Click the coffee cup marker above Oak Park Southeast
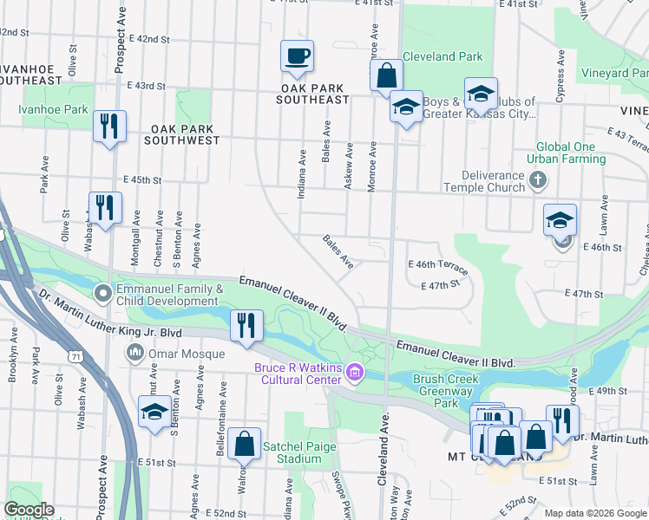pyautogui.click(x=297, y=56)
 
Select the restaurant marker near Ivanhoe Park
pyautogui.click(x=110, y=127)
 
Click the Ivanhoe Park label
pyautogui.click(x=53, y=110)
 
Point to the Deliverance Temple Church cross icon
pyautogui.click(x=538, y=180)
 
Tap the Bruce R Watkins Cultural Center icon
pyautogui.click(x=354, y=374)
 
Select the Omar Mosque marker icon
pyautogui.click(x=135, y=352)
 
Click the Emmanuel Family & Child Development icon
pyautogui.click(x=104, y=294)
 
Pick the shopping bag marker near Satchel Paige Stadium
pyautogui.click(x=246, y=444)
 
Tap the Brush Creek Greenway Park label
pyautogui.click(x=446, y=391)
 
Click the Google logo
pyautogui.click(x=29, y=510)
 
